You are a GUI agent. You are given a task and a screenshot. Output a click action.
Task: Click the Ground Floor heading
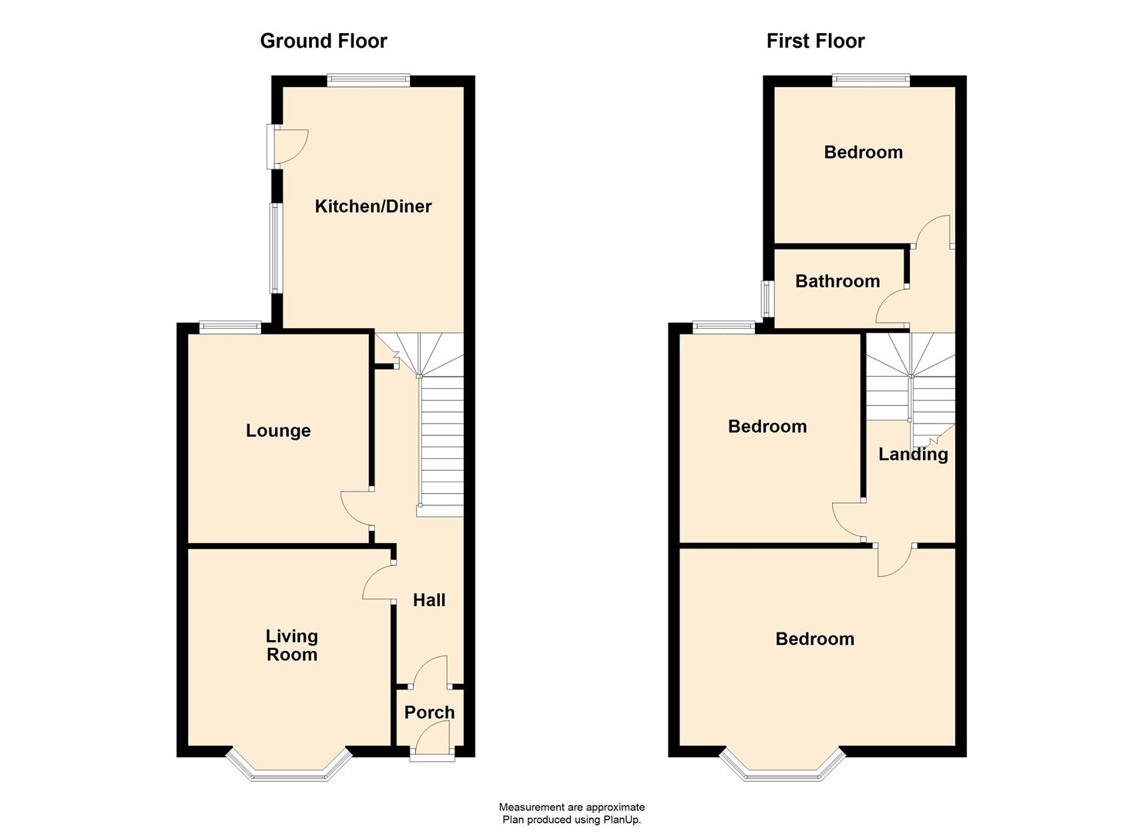324,41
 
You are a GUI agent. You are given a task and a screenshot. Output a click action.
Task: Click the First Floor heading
815,41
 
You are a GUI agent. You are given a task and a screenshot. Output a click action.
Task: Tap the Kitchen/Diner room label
373,206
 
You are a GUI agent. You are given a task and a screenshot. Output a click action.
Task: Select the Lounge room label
278,431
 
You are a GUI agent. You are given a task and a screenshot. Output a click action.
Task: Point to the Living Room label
291,646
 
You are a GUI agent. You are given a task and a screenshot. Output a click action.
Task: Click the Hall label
429,600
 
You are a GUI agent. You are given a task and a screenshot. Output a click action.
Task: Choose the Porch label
429,713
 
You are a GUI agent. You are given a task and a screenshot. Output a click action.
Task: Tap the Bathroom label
837,281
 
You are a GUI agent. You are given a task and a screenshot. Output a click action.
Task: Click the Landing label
913,454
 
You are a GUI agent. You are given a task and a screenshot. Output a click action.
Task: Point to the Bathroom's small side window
767,298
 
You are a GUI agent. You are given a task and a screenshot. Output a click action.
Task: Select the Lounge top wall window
230,327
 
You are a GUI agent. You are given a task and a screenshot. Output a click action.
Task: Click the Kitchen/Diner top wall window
367,80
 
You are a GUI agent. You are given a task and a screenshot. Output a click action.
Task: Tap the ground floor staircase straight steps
442,447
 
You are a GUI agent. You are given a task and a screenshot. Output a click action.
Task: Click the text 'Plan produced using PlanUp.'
572,820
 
